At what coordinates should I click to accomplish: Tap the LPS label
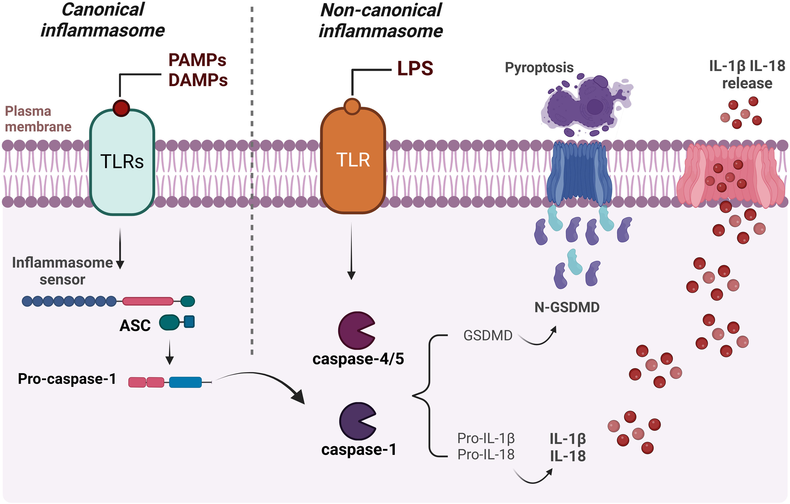415,69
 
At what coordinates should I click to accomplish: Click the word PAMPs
197,60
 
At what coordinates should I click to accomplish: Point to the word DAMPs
198,80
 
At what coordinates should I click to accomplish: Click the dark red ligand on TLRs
121,108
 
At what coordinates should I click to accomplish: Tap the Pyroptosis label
539,67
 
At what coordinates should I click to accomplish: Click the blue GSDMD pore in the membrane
579,172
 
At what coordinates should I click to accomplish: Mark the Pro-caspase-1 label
67,379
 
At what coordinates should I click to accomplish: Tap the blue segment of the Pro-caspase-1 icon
185,382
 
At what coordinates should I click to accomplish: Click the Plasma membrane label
38,119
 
